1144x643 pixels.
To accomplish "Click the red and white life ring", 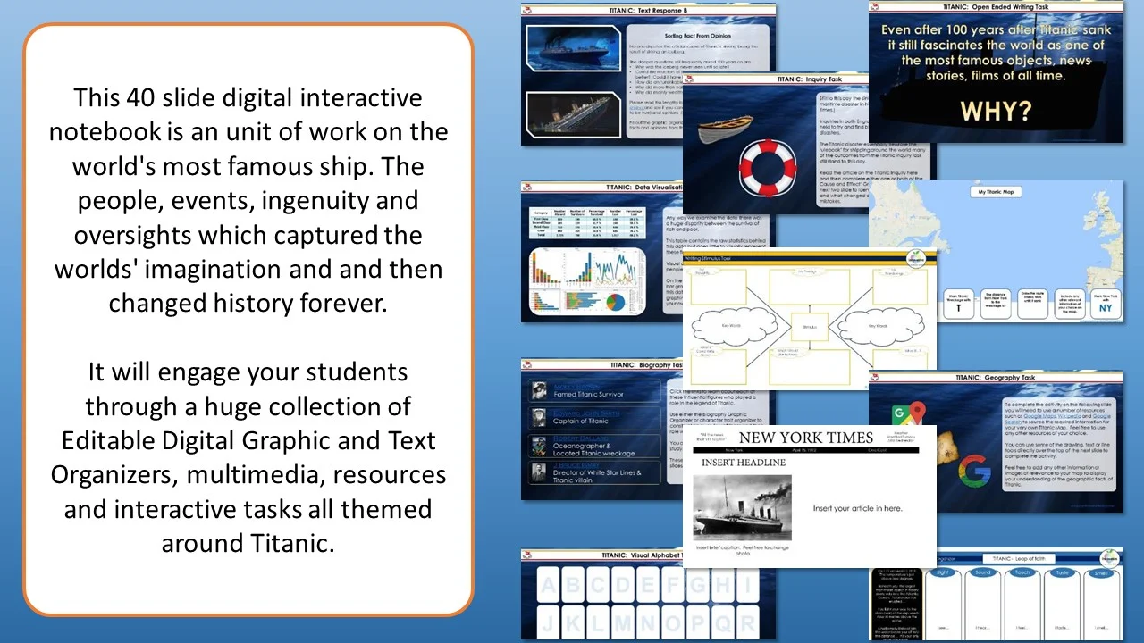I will coord(768,167).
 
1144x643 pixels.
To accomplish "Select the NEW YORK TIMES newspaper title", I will coord(805,438).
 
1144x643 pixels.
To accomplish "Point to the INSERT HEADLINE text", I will coord(744,463).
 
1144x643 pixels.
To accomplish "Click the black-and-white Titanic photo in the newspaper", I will coord(743,506).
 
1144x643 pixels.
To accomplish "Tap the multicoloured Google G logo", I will coord(974,471).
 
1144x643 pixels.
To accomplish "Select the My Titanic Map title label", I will coord(995,191).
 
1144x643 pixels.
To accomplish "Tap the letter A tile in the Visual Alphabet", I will coord(547,585).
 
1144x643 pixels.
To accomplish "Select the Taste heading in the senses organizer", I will coord(1061,573).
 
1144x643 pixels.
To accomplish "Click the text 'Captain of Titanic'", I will coord(581,421).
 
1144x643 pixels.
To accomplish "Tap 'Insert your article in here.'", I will coord(857,508).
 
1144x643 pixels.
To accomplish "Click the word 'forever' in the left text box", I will coord(342,304).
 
